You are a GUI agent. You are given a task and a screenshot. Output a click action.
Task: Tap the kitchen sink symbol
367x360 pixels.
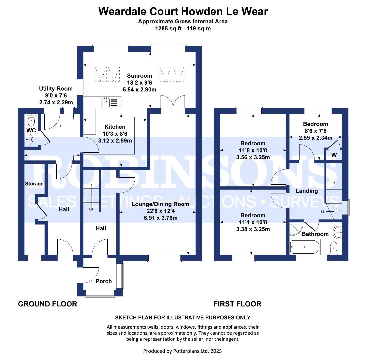coord(110,102)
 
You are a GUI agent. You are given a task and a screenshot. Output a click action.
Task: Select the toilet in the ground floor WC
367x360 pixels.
coord(31,120)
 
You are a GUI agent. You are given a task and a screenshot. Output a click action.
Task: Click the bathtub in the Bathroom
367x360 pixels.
coord(305,247)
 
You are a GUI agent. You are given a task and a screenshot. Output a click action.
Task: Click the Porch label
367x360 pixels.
coord(104,281)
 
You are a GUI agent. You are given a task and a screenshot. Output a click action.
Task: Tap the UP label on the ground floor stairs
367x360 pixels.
coord(91,210)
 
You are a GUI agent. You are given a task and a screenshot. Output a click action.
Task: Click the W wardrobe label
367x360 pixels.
coord(333,155)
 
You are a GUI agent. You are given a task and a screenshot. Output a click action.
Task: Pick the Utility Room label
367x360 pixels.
coord(56,89)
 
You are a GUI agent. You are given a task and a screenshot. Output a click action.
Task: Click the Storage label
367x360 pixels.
coord(34,184)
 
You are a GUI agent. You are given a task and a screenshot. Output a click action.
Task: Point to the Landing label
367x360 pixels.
coord(307,191)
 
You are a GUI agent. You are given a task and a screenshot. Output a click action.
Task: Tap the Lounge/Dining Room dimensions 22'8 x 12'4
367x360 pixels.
coord(160,211)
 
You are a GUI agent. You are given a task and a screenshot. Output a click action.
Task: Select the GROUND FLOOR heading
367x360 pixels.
coord(47,304)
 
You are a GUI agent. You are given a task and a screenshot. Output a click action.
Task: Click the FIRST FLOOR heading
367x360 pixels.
coord(237,304)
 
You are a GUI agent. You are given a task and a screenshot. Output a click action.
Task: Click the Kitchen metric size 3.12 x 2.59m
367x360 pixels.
coord(115,140)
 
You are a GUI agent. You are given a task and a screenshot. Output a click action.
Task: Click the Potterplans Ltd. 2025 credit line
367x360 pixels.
coord(183,351)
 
